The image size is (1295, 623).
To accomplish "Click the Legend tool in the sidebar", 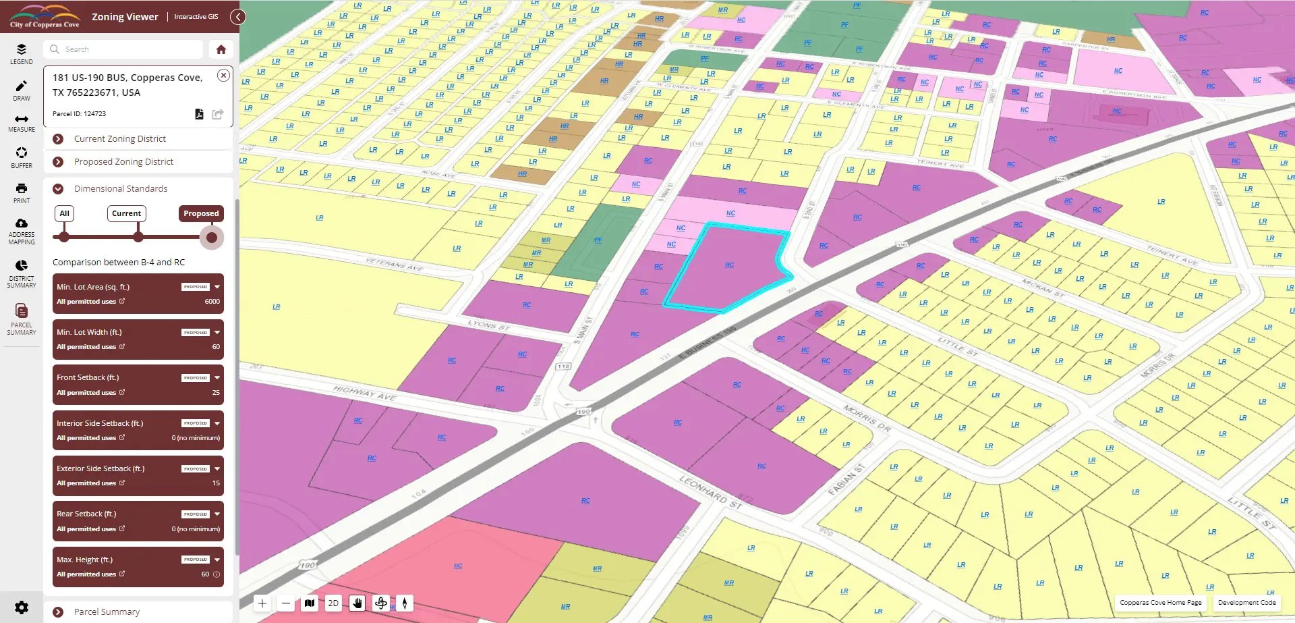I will [22, 53].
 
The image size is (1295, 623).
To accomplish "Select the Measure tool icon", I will [22, 122].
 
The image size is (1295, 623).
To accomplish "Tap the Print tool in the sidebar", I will [22, 192].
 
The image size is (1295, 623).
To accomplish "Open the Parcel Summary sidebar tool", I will [22, 319].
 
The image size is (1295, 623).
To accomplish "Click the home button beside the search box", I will [221, 49].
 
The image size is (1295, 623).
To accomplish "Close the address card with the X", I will [223, 76].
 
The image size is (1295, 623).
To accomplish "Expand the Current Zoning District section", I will [120, 139].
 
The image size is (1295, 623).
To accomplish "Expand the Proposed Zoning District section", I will [123, 162].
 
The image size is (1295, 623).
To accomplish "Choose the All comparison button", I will [64, 213].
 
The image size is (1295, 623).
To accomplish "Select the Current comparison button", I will [126, 213].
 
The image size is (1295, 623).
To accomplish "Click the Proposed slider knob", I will [212, 238].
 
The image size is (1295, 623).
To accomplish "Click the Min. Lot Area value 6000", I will [212, 302].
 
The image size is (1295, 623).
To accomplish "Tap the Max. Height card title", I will [85, 560].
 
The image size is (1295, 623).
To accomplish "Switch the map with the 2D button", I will [333, 603].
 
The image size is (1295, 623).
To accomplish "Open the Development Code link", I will [1246, 603].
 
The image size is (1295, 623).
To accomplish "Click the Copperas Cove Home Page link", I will [1160, 603].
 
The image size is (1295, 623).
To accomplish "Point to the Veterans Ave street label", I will [394, 264].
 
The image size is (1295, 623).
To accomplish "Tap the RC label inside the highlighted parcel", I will [729, 265].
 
